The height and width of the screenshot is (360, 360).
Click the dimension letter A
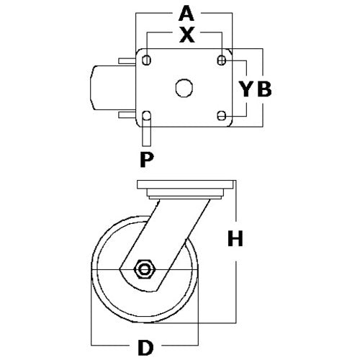186,14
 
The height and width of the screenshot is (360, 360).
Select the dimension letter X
187,35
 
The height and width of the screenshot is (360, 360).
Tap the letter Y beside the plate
246,89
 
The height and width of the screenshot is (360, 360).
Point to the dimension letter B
264,89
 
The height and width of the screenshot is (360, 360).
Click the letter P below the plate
147,159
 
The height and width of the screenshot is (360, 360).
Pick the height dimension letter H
235,238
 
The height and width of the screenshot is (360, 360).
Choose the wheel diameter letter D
145,348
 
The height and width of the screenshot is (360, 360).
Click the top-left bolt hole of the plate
146,60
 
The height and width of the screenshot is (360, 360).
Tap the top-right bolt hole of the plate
222,60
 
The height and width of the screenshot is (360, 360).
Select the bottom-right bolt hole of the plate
222,115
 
